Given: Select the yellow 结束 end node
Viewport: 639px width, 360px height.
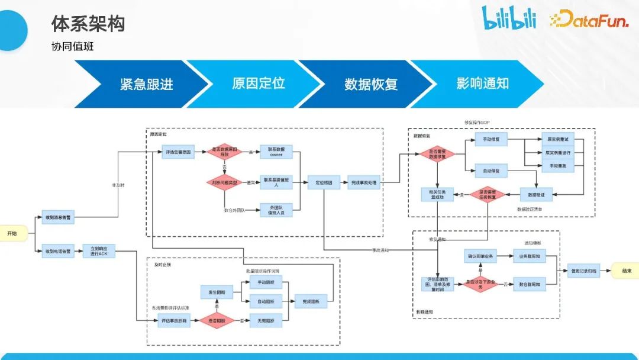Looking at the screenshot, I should coord(625,271).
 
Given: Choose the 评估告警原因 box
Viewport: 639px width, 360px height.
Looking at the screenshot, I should coord(177,152).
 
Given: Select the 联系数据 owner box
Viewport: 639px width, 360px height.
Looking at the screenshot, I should coord(276,152).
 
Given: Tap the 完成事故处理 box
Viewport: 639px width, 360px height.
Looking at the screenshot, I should coord(364,183).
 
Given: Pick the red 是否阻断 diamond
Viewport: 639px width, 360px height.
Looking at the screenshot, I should coord(217,320).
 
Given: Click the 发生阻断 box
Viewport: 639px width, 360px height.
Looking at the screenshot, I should coord(217,292).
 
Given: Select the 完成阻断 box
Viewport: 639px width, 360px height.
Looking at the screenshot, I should coord(311,301).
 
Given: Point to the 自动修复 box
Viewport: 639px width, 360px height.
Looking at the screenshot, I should coord(491,171).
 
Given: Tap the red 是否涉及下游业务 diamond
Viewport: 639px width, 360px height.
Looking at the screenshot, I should coord(480,284).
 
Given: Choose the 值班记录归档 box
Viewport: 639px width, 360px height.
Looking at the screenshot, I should coord(583,271).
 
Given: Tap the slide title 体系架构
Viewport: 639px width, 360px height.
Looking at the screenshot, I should coord(88,24).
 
